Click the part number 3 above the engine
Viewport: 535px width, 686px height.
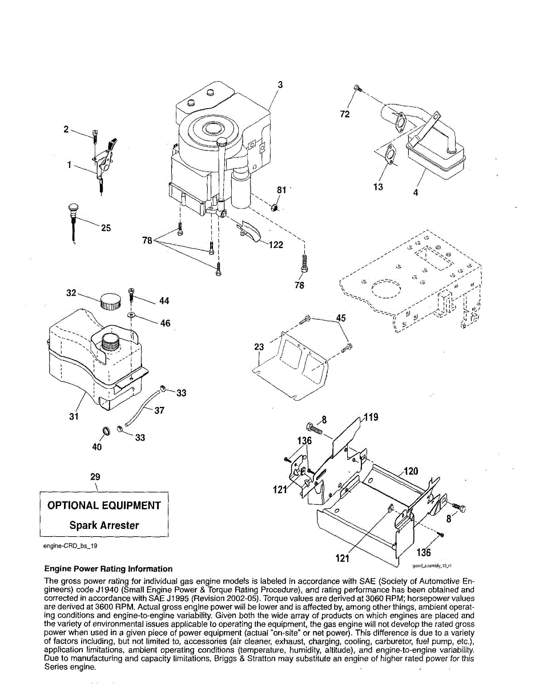click(280, 85)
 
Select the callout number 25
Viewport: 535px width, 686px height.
click(106, 228)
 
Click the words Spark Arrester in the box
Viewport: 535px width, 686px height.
click(104, 525)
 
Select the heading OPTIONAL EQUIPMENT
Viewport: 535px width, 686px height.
click(104, 505)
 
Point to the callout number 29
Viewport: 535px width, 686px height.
click(95, 476)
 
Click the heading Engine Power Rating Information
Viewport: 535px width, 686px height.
click(108, 569)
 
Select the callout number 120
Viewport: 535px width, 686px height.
click(411, 472)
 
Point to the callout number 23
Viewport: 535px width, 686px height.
click(259, 347)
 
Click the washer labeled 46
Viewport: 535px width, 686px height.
click(131, 315)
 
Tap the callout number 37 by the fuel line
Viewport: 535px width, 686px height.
click(159, 410)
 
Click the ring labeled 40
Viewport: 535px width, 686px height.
click(106, 430)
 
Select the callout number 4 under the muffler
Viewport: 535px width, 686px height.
click(416, 193)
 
